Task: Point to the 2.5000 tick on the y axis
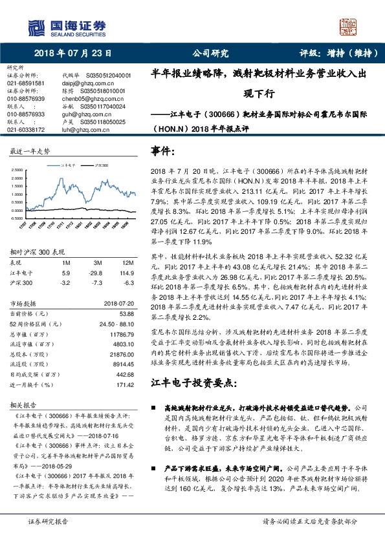pyautogui.click(x=17, y=171)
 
